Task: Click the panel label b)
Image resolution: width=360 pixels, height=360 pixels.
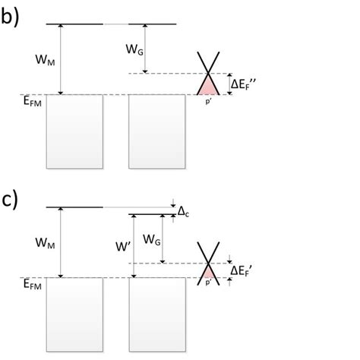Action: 10,17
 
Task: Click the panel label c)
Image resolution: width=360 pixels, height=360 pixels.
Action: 10,198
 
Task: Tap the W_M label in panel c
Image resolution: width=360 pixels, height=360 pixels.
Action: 46,243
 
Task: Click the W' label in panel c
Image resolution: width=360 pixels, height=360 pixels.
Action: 123,247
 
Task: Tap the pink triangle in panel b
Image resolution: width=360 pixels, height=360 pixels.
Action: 207,86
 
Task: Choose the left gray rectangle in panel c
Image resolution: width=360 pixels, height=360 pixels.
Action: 74,314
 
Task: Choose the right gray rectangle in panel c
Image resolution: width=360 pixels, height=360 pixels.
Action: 157,314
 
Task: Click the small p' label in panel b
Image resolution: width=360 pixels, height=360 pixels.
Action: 207,99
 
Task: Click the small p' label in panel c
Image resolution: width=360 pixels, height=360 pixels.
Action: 207,283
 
